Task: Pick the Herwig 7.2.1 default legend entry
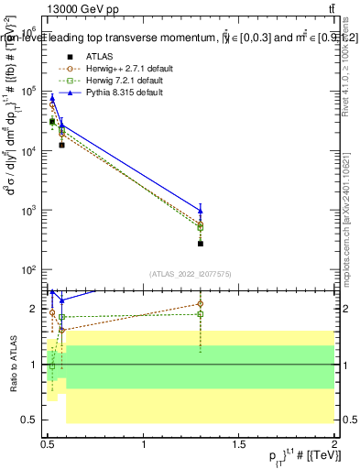click(x=119, y=80)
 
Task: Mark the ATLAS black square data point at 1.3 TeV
click(x=200, y=244)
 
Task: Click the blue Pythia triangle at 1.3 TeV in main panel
click(x=200, y=210)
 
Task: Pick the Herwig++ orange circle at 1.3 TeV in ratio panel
click(x=200, y=303)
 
